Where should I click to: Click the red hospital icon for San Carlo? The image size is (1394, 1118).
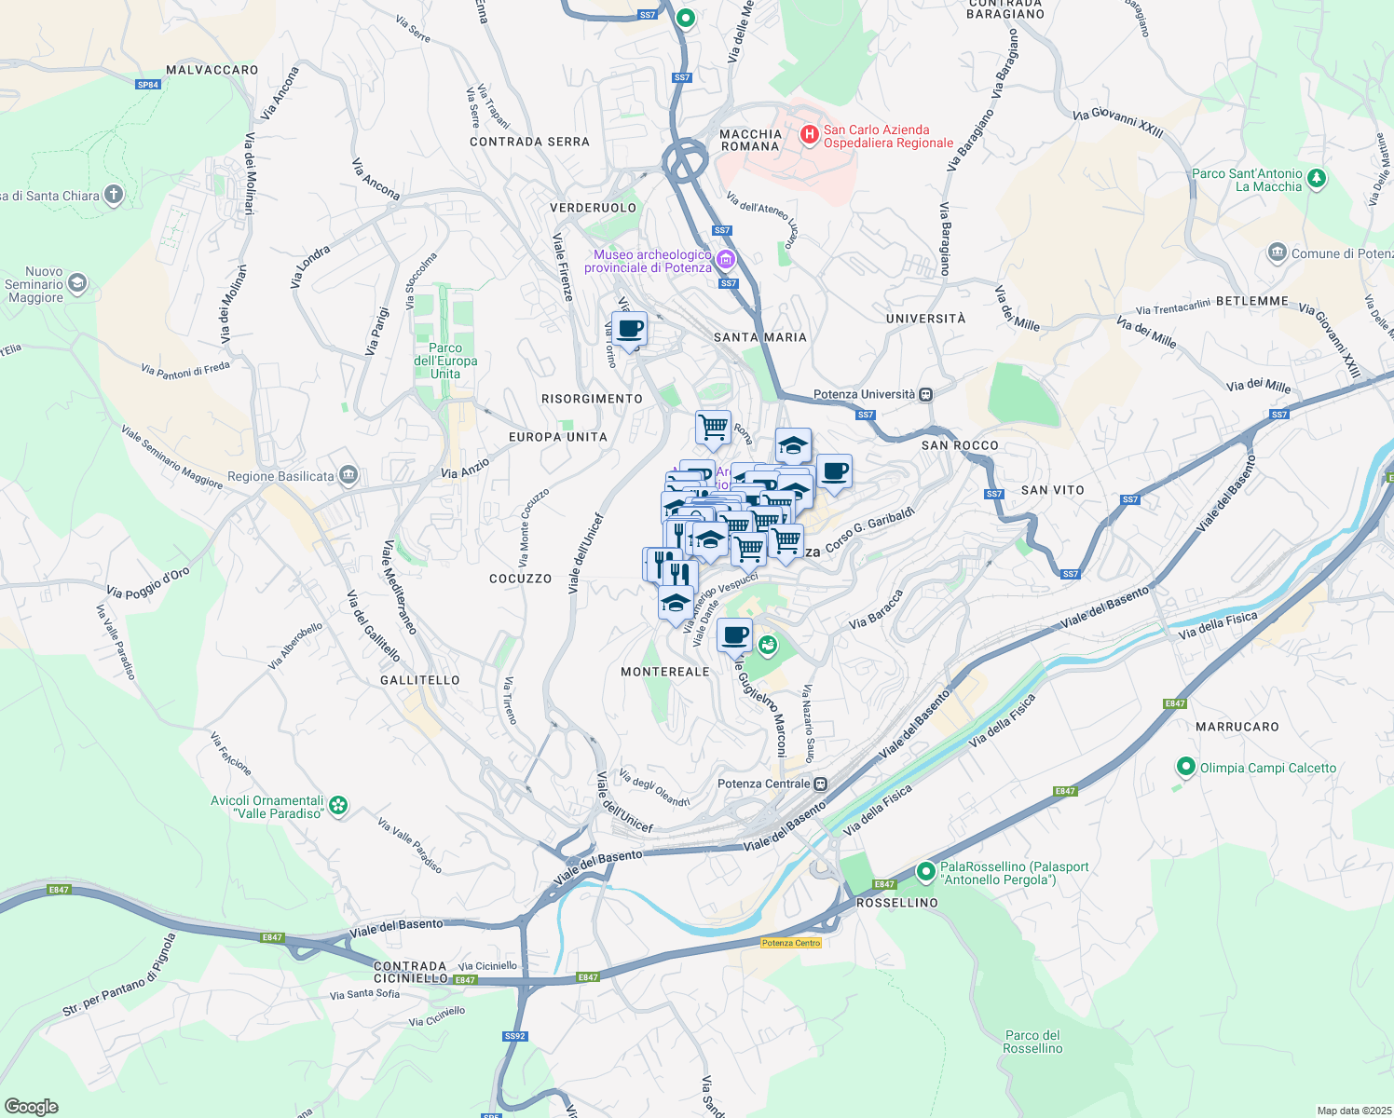tap(809, 136)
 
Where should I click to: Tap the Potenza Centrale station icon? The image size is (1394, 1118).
tap(820, 784)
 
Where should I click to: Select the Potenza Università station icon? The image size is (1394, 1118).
tap(925, 394)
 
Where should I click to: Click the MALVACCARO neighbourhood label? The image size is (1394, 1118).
tap(212, 70)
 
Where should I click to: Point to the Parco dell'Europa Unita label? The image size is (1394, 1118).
tap(445, 361)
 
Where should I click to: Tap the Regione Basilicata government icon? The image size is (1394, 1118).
tap(348, 475)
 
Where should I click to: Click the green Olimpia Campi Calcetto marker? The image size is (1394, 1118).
tap(1185, 768)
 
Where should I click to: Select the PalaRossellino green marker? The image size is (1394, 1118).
tap(925, 872)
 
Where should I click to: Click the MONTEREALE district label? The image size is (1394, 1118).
tap(665, 672)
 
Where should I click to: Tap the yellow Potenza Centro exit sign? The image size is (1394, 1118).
tap(791, 943)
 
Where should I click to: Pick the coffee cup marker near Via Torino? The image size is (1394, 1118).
tap(630, 330)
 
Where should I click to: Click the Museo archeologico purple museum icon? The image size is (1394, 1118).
tap(726, 260)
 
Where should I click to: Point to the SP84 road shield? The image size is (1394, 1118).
tap(148, 85)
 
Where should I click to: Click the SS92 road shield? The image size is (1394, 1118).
tap(515, 1036)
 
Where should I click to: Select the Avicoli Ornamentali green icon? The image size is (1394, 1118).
tap(339, 806)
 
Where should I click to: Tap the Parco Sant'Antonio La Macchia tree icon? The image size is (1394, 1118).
tap(1316, 178)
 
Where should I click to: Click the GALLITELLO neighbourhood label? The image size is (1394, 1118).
tap(419, 680)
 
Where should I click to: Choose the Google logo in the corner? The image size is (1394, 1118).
tap(31, 1107)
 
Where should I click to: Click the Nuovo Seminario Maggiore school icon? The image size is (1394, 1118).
tap(76, 283)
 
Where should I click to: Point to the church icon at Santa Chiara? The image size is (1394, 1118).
tap(113, 195)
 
